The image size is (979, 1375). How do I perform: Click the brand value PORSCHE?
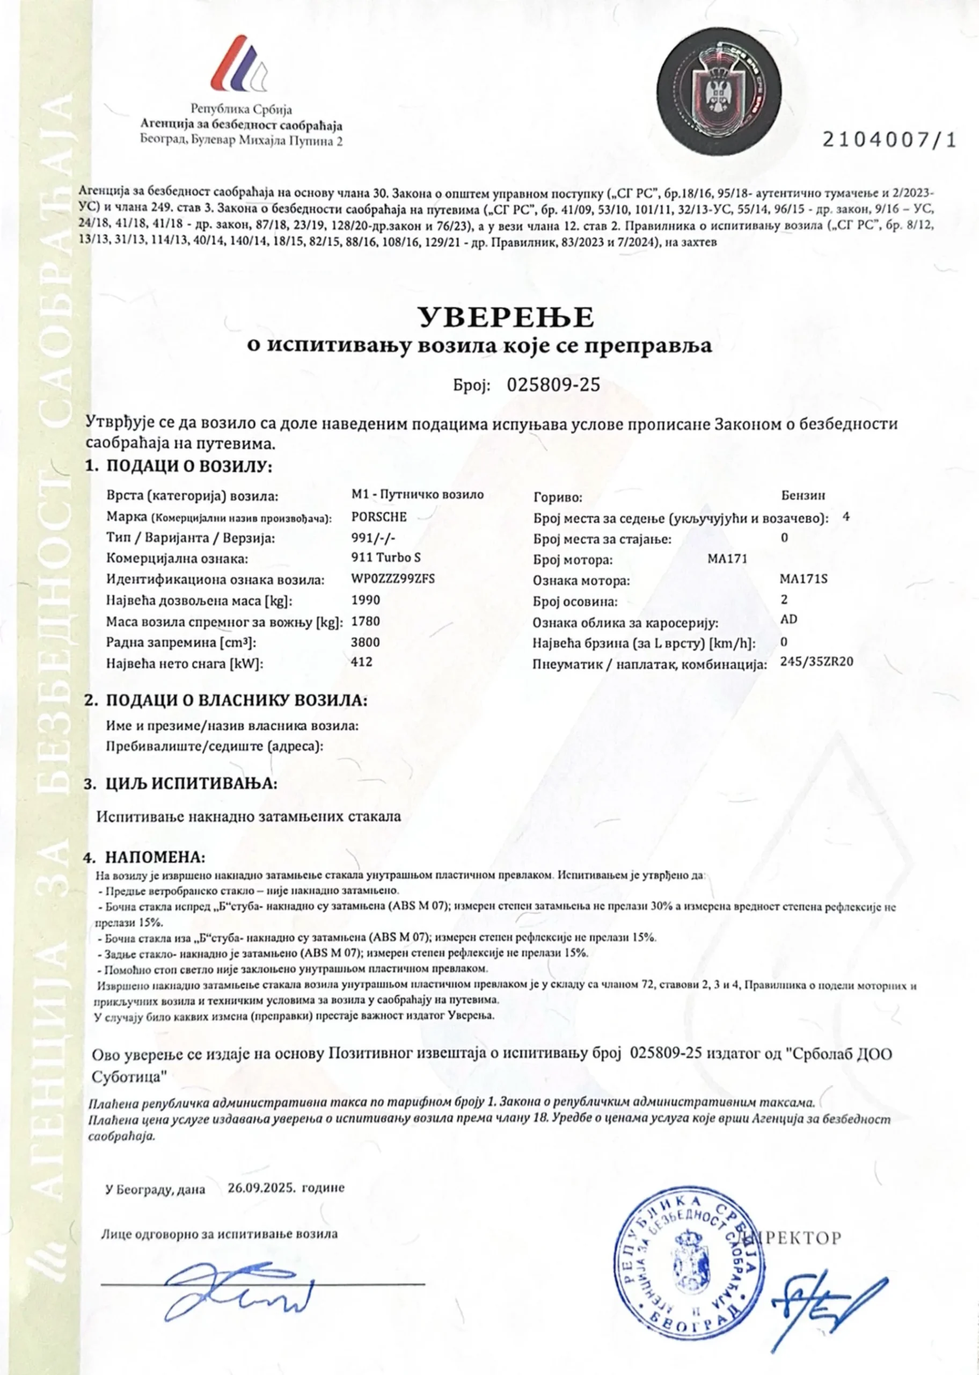(x=378, y=517)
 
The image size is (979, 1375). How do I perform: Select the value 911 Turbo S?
(x=386, y=558)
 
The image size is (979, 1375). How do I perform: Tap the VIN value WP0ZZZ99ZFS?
(x=392, y=578)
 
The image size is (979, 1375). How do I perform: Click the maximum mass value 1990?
(x=366, y=599)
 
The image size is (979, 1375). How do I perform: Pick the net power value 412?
(x=362, y=662)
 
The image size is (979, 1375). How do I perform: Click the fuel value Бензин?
(x=803, y=496)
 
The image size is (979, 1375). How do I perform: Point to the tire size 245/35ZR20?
(x=817, y=661)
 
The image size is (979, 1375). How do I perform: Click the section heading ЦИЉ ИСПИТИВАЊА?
(x=191, y=784)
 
